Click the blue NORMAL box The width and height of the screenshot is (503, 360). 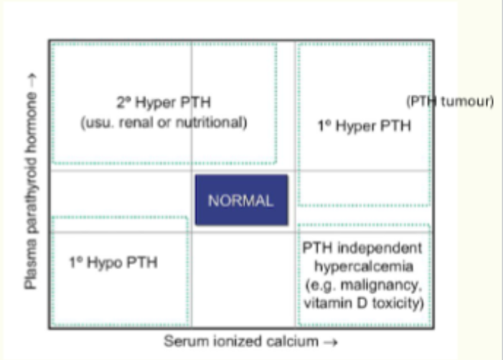click(x=241, y=200)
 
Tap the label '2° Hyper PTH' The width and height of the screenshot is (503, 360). click(x=163, y=101)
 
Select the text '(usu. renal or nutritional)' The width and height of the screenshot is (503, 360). click(x=163, y=122)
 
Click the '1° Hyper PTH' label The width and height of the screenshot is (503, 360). click(x=365, y=126)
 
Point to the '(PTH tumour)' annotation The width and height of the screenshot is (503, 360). click(x=450, y=101)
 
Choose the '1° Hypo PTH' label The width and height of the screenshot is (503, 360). click(x=113, y=262)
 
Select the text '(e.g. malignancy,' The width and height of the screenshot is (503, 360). click(x=363, y=286)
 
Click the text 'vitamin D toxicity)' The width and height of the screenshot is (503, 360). click(x=363, y=304)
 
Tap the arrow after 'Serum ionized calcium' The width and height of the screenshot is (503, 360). click(x=326, y=341)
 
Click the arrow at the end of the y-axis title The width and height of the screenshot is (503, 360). click(x=31, y=75)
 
